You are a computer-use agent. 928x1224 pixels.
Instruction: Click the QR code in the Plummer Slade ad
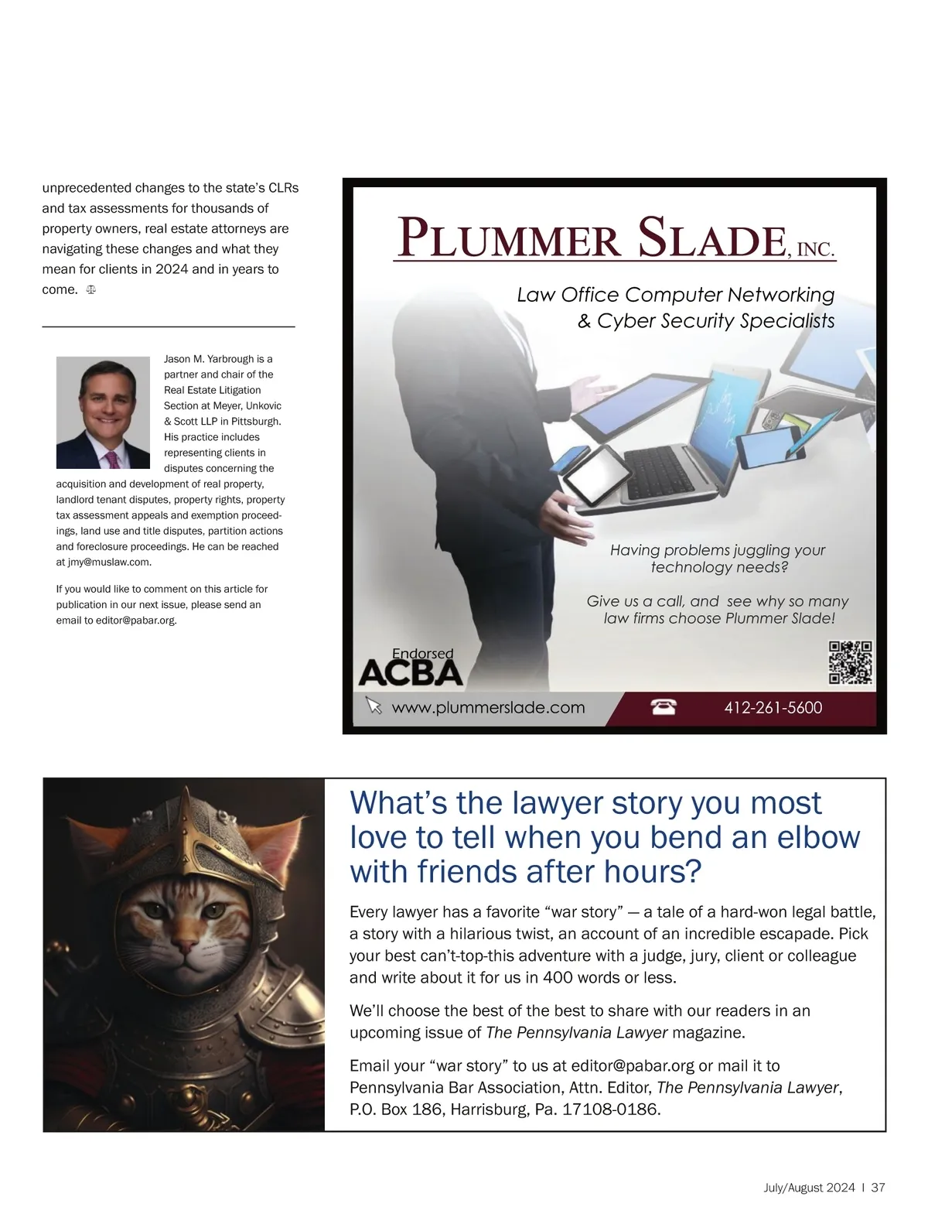851,663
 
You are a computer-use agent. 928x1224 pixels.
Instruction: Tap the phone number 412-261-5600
773,707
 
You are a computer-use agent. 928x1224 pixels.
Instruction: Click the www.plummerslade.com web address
488,707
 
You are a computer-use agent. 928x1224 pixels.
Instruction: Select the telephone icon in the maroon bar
663,706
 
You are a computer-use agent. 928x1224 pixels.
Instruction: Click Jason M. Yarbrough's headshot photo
103,412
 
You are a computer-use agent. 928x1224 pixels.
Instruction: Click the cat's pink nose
184,945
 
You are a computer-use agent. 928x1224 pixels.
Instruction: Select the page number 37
878,1188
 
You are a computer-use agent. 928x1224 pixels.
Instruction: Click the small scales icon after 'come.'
91,290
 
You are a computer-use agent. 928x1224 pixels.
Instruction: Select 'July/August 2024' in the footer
808,1188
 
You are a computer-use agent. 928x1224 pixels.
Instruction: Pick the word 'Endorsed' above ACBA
422,654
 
